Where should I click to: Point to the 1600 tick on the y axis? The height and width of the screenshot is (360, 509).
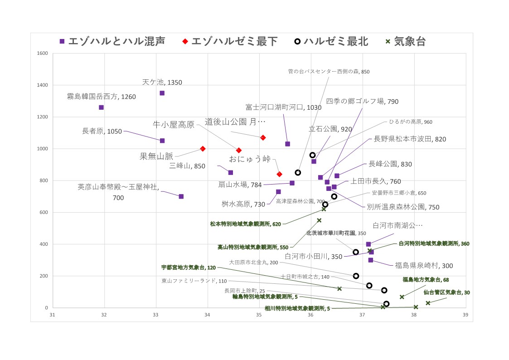pos(42,54)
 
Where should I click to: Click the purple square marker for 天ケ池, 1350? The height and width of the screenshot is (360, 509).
pos(162,93)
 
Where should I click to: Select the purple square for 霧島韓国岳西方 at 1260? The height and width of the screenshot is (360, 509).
pos(101,107)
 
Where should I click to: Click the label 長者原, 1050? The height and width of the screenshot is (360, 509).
pos(102,131)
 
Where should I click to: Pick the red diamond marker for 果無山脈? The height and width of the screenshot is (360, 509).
pos(203,149)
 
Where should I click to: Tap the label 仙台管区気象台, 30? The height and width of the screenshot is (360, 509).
pos(446,292)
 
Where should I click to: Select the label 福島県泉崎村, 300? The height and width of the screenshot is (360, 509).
pos(424,265)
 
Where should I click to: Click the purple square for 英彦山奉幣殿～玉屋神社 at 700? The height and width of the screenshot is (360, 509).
pos(181,196)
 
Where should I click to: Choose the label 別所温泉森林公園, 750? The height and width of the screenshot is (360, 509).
pos(403,207)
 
